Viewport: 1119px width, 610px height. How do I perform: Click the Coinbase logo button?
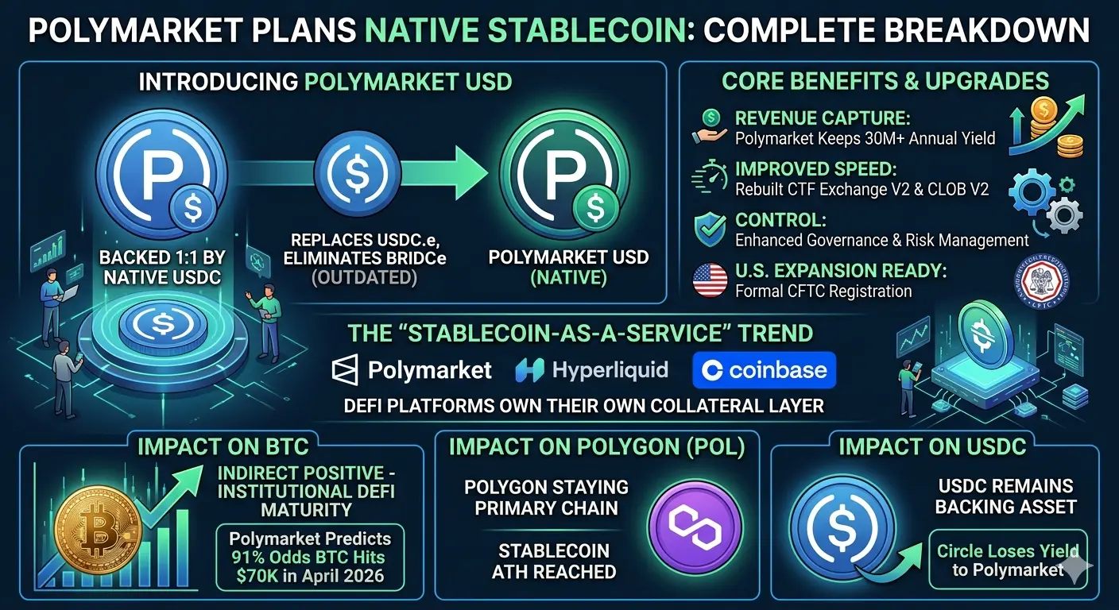click(764, 370)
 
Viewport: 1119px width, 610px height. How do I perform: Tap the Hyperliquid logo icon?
click(529, 370)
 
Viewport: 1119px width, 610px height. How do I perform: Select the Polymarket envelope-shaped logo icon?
click(345, 370)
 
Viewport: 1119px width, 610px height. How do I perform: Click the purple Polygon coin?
click(695, 527)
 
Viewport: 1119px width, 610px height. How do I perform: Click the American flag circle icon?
click(710, 280)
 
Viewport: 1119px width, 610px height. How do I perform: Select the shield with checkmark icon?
click(711, 230)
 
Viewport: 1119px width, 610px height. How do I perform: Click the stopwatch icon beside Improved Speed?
click(710, 177)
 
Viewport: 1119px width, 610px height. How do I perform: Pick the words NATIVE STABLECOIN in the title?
click(525, 30)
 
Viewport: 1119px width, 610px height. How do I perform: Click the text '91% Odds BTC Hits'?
click(308, 557)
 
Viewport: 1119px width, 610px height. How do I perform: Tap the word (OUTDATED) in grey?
click(364, 277)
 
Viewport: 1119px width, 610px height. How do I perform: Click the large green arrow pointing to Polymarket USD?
click(444, 172)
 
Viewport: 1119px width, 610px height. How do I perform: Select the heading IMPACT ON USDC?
click(932, 446)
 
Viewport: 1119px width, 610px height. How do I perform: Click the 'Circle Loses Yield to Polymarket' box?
click(1008, 560)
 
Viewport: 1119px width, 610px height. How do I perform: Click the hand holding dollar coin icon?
click(710, 128)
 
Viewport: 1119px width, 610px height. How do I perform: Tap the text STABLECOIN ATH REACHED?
click(554, 562)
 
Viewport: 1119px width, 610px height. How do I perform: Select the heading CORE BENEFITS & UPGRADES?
click(885, 81)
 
